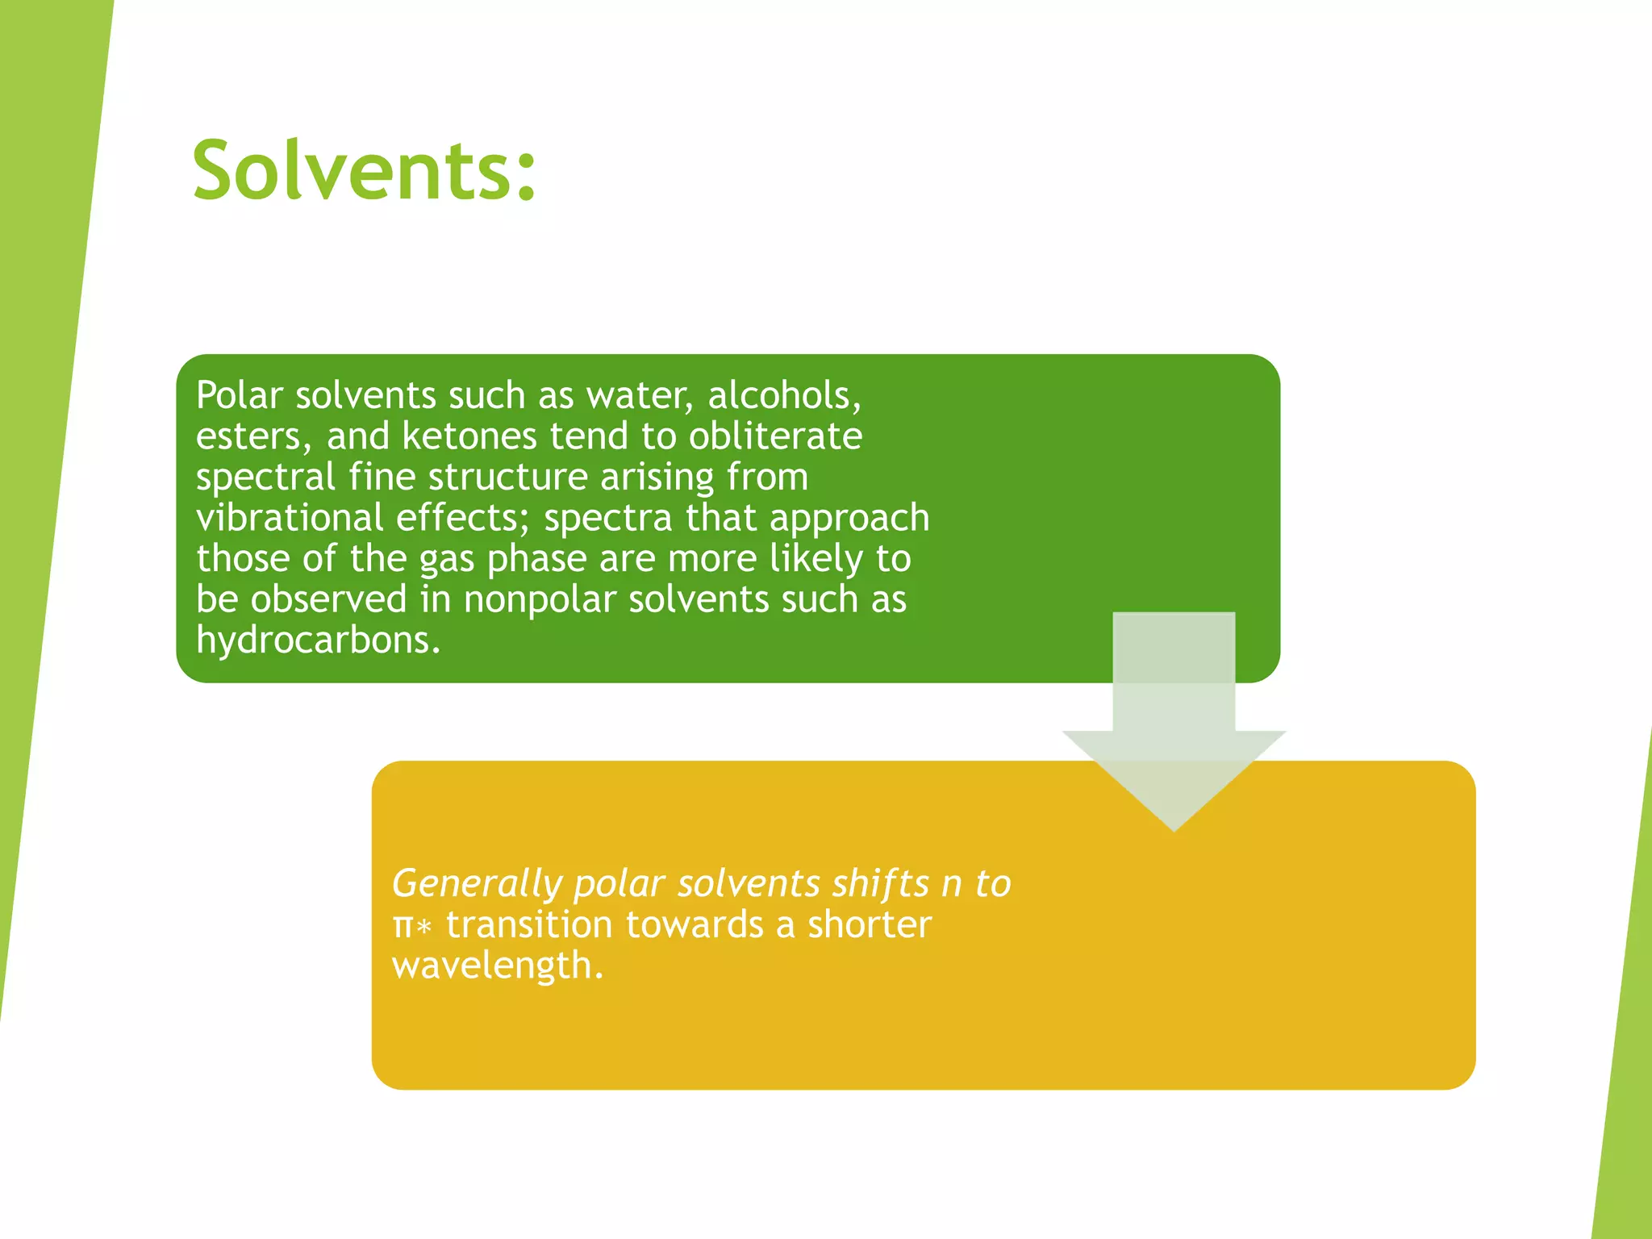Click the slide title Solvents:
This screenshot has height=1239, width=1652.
click(x=364, y=170)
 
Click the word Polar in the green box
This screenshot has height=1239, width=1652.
click(x=239, y=395)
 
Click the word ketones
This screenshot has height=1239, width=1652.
click(x=469, y=436)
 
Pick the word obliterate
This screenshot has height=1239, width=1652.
click(x=775, y=436)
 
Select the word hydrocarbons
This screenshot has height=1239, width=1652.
click(x=318, y=640)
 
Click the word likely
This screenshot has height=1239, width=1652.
click(x=816, y=559)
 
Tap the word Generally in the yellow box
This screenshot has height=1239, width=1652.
click(x=476, y=884)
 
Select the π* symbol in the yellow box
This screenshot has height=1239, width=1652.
click(x=412, y=925)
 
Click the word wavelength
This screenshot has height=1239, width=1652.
click(x=496, y=966)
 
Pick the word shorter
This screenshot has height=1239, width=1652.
click(x=870, y=924)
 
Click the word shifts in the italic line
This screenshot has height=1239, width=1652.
click(x=880, y=884)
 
